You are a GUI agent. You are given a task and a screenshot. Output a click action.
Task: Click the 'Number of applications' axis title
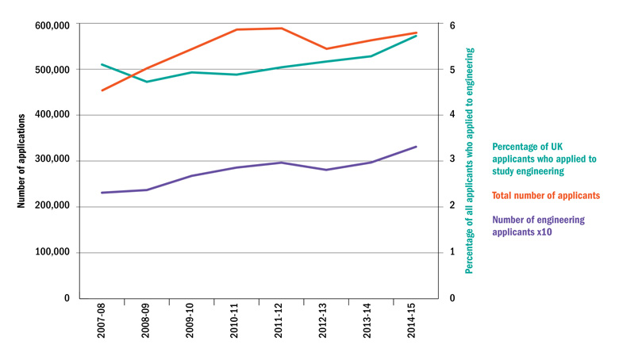point(23,161)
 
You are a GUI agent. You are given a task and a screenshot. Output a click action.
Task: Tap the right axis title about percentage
point(470,161)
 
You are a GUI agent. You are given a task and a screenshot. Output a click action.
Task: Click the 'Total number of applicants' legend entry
point(545,195)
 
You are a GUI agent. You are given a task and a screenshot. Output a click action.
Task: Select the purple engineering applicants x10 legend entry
point(538,226)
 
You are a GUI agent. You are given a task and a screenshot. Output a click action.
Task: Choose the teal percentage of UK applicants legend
point(544,159)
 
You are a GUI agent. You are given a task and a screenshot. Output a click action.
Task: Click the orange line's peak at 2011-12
point(280,29)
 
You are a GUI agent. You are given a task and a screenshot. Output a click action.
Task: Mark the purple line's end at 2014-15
point(416,147)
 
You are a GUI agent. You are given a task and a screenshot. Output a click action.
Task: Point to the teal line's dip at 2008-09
point(147,82)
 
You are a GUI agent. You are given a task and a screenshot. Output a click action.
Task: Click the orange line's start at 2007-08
point(102,90)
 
